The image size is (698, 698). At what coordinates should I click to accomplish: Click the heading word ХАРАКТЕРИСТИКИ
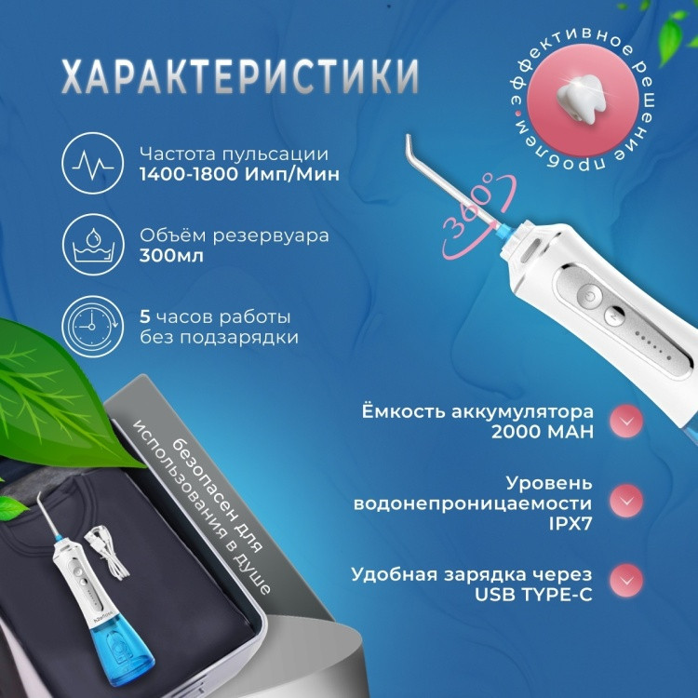tap(240, 75)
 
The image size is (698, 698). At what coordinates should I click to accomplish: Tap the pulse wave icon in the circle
tap(92, 164)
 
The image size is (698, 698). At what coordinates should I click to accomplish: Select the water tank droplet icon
tap(92, 245)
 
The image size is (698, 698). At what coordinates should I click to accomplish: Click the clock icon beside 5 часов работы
tap(92, 327)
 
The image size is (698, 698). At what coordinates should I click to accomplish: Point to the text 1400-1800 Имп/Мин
tap(239, 174)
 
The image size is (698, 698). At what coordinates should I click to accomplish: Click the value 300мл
tap(171, 256)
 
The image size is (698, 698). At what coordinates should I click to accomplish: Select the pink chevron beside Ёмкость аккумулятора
tap(626, 421)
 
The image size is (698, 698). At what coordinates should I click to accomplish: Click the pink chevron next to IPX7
tap(626, 502)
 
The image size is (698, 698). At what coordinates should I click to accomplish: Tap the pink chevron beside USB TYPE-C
tap(626, 581)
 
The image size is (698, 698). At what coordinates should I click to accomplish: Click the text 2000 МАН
tap(543, 431)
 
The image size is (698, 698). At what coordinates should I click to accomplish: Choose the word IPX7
tap(570, 523)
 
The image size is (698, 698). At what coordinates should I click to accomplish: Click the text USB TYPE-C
tap(533, 595)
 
